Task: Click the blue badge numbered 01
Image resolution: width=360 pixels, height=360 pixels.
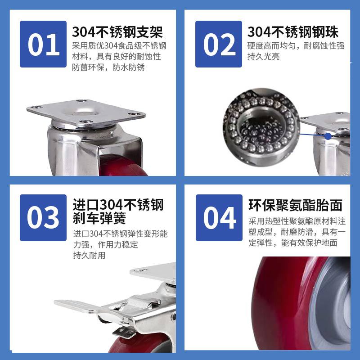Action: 43,44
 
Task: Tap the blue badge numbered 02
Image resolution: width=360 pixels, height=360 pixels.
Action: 219,44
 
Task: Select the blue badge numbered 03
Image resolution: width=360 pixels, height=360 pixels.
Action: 43,218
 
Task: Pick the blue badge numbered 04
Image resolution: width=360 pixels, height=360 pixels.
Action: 219,218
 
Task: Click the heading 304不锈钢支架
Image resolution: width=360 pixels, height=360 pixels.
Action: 117,31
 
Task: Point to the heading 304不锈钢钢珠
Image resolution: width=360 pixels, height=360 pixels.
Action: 293,31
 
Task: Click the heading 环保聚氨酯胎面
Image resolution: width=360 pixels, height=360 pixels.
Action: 296,205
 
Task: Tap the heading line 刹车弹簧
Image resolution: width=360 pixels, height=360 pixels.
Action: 99,218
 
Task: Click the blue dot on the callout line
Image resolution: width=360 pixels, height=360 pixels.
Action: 328,136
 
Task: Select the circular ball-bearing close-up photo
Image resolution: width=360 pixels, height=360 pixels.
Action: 261,127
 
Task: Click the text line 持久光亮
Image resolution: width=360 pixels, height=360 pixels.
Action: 263,57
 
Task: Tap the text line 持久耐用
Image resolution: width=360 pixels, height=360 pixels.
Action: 89,255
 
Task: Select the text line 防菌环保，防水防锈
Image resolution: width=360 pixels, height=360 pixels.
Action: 108,67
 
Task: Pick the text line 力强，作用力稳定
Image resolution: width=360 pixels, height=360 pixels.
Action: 106,244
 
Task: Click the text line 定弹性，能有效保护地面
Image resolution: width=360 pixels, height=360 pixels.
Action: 293,243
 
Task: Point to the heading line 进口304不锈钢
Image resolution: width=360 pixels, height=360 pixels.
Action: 118,205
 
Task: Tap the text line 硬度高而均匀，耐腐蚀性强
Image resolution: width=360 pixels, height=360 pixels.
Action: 296,46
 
